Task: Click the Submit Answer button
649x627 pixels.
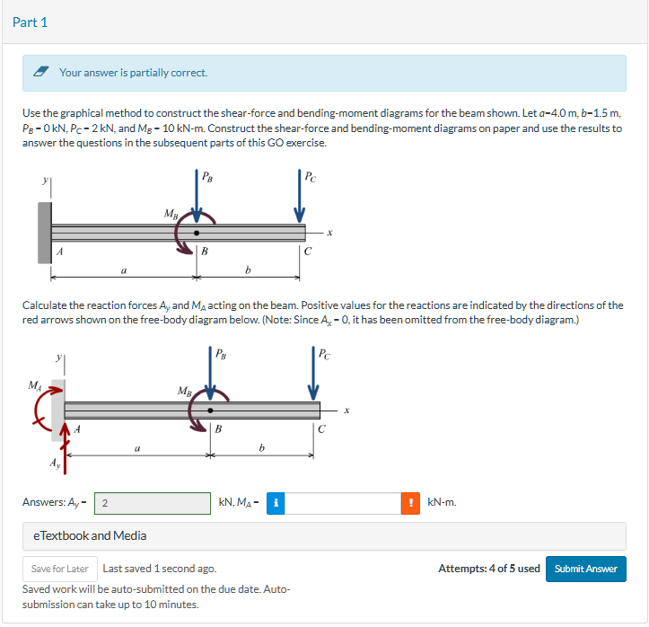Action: point(585,569)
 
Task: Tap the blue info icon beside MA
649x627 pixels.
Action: point(274,503)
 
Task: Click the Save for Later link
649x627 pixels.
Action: point(59,569)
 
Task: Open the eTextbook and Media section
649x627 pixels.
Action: point(89,535)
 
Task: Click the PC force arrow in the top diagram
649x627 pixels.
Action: point(300,199)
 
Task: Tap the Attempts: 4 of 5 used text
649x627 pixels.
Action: point(488,569)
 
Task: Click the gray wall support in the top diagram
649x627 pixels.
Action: point(43,232)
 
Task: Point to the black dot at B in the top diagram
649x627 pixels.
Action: point(197,233)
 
